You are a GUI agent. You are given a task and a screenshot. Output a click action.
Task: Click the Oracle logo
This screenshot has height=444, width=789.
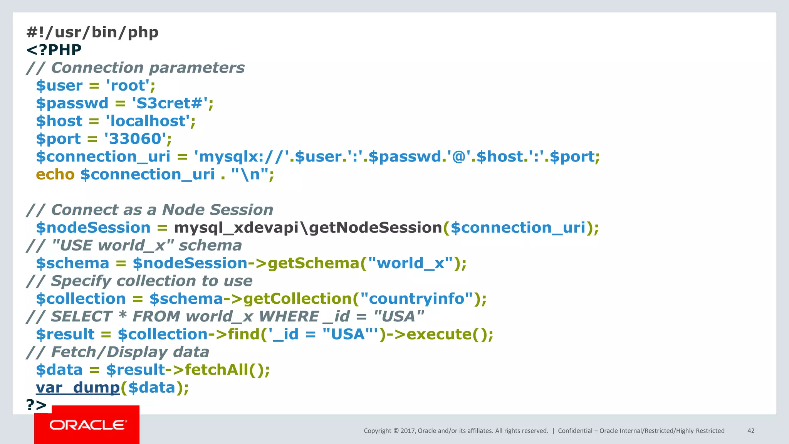pos(87,425)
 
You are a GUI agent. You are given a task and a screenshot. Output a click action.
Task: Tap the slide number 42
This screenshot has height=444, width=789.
pos(751,431)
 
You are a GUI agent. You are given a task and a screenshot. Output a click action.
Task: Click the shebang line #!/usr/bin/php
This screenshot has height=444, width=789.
pos(92,32)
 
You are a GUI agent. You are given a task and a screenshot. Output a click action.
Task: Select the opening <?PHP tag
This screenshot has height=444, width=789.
pos(54,50)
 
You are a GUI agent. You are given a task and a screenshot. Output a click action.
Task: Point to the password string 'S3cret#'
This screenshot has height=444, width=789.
pos(170,103)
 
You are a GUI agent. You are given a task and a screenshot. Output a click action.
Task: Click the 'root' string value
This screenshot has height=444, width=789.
pos(128,86)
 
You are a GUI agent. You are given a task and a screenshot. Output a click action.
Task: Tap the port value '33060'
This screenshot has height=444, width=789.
pos(135,139)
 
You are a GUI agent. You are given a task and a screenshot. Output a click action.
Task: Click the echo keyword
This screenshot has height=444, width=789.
pos(55,175)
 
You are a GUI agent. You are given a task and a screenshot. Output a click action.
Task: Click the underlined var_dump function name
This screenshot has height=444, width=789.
pos(78,388)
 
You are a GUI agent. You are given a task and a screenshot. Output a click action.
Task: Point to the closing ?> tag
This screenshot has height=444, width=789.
pos(37,405)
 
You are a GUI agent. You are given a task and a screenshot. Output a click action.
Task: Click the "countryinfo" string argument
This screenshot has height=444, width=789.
pos(417,299)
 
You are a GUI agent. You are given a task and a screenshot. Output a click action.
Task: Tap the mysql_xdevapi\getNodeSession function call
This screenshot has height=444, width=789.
pos(308,228)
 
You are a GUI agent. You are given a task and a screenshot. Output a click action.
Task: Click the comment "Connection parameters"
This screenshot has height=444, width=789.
pos(148,68)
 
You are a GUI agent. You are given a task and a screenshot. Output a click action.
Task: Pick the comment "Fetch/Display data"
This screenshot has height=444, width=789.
pos(130,352)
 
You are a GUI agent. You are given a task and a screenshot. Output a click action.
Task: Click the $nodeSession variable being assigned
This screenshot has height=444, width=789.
pos(93,228)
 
